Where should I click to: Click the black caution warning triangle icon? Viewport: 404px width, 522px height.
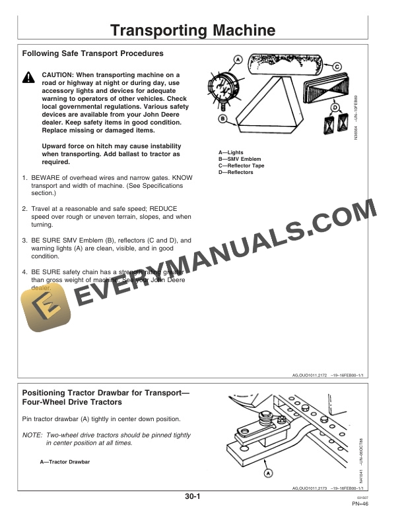[28, 78]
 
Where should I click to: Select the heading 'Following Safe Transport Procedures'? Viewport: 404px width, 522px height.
[92, 53]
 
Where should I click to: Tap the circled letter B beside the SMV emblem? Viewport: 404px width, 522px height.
[223, 119]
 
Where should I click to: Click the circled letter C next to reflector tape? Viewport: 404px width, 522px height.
[337, 66]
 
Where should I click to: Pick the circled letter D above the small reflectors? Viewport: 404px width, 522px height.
[335, 107]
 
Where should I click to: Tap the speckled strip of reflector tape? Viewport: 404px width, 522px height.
[288, 65]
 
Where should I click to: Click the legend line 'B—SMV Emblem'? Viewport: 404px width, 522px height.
[240, 159]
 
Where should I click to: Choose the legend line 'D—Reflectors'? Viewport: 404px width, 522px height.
[236, 172]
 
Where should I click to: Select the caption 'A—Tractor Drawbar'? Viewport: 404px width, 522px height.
[65, 462]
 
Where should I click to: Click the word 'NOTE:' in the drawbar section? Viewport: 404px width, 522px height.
[31, 436]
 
